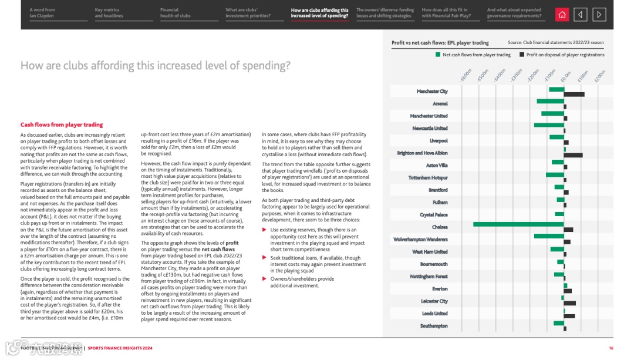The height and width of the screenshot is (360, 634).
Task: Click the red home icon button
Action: point(562,15)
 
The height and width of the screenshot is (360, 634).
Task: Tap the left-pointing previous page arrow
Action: point(580,15)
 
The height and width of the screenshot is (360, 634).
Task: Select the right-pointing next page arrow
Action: point(599,15)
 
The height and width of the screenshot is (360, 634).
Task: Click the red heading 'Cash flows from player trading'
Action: point(62,125)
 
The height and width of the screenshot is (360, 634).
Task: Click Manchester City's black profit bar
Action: point(574,94)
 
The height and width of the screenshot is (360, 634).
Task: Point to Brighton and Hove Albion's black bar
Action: point(573,155)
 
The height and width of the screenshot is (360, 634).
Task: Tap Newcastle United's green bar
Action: point(549,125)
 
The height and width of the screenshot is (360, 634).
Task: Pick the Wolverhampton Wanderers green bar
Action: point(549,236)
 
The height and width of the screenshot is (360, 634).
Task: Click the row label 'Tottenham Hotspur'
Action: point(428,177)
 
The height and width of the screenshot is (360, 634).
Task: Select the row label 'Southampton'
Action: point(434,326)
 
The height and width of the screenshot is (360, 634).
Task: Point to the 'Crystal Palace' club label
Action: point(433,215)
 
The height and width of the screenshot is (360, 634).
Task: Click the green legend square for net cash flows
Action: point(438,55)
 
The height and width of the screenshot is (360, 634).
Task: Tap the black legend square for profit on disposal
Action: point(522,55)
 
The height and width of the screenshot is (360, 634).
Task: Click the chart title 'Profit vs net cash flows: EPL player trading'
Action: point(440,43)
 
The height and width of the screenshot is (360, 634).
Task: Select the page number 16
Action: point(611,348)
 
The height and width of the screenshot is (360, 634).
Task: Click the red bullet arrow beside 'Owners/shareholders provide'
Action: point(264,279)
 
